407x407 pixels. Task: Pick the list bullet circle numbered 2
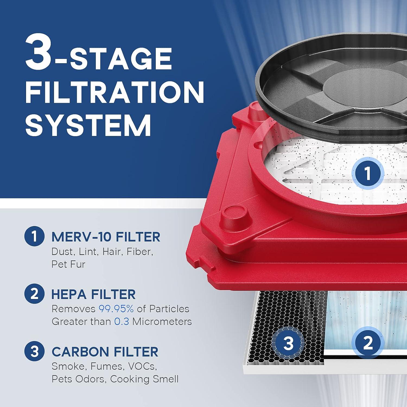point(34,294)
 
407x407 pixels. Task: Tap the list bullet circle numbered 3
point(34,351)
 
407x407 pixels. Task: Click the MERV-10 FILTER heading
point(106,237)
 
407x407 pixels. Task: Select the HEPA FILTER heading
point(93,294)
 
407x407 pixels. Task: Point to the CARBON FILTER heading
point(105,352)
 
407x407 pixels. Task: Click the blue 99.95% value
point(116,309)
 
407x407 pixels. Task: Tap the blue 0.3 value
point(121,322)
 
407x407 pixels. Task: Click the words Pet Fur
point(68,264)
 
